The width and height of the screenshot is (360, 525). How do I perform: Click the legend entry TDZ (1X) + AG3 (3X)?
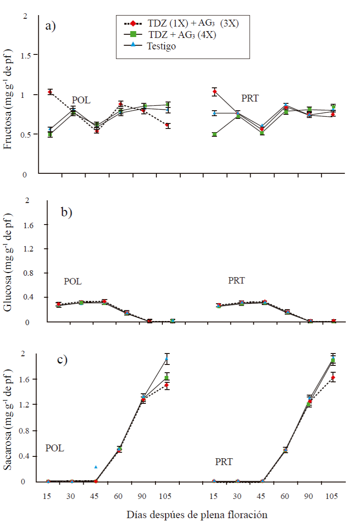[x=183, y=24]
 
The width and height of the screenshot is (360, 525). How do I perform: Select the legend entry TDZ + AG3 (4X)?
[x=183, y=35]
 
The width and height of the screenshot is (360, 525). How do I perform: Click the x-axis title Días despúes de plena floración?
[x=197, y=514]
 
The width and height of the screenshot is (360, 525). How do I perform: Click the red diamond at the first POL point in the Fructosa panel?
[x=50, y=92]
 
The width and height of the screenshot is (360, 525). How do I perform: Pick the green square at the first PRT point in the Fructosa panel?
[x=215, y=134]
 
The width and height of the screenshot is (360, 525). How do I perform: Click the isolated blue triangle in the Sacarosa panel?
[x=96, y=466]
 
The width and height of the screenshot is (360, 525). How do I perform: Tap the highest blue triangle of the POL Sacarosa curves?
[x=167, y=359]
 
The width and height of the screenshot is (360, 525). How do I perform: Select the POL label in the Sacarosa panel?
[x=54, y=448]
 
